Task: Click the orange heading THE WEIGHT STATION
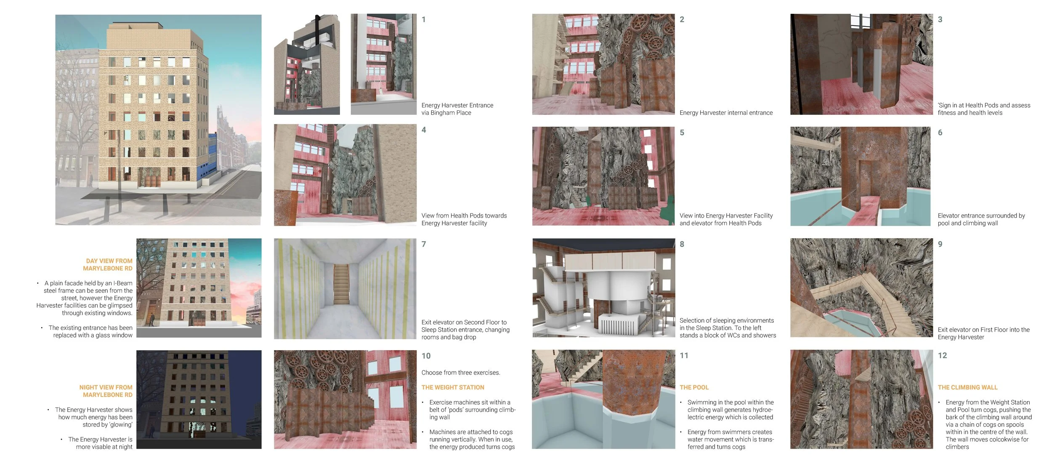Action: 453,387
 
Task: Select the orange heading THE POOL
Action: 694,387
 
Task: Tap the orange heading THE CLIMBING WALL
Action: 967,387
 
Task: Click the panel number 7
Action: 424,244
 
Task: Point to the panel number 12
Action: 942,356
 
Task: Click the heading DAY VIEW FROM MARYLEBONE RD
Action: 108,265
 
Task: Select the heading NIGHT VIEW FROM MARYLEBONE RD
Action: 106,391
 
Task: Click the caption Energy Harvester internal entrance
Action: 726,113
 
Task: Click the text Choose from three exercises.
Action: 461,372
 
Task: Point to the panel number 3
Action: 940,20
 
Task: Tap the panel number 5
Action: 682,133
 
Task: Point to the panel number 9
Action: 940,244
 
